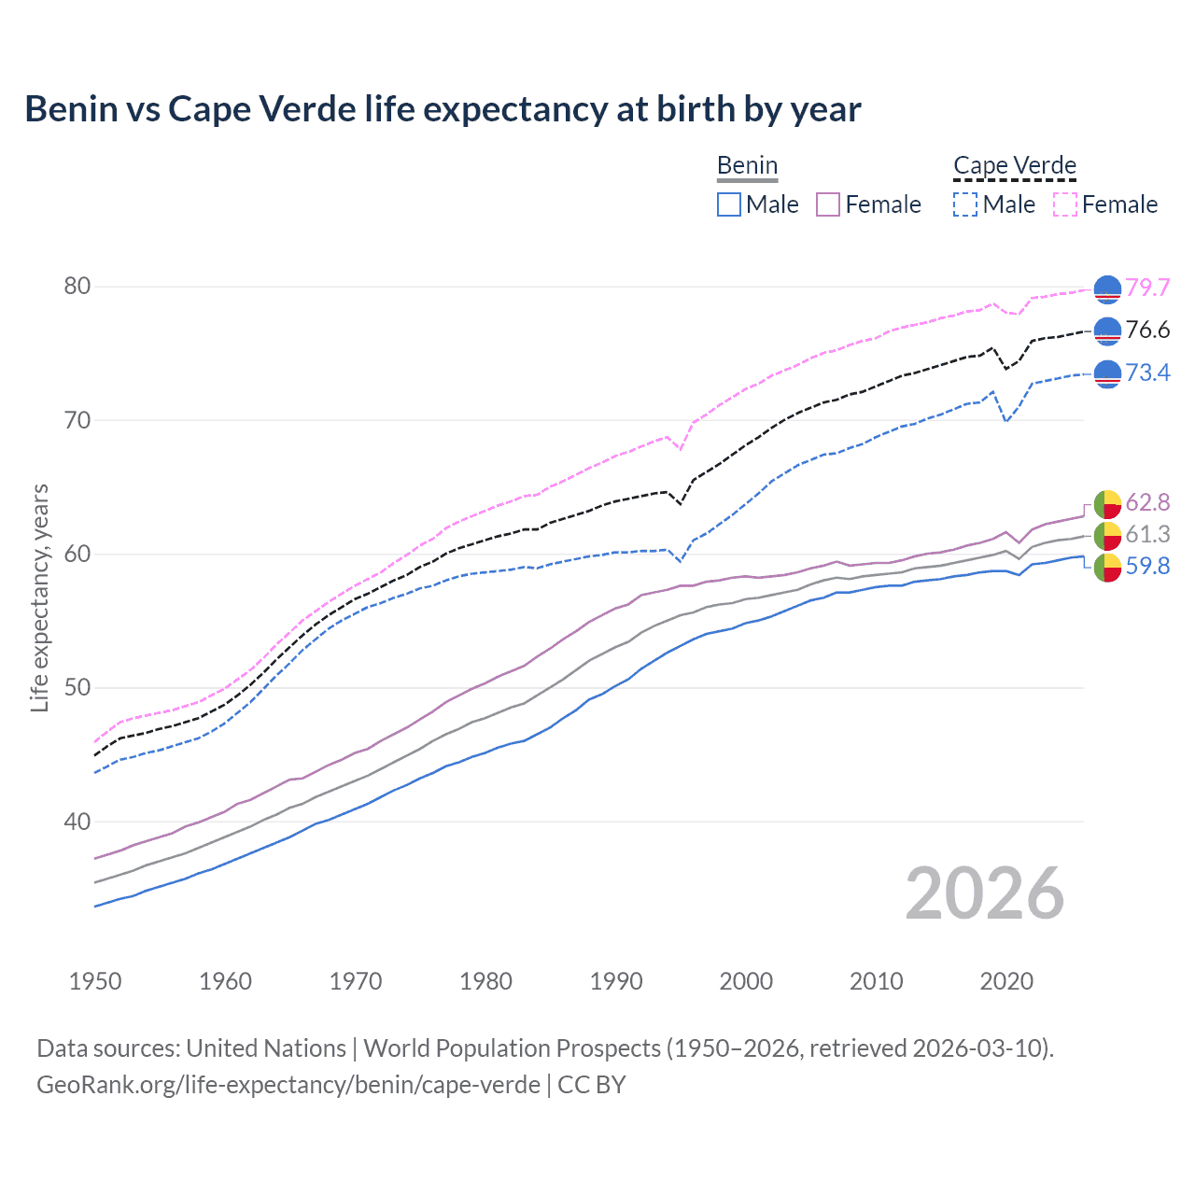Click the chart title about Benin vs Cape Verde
click(x=443, y=109)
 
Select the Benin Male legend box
click(x=729, y=204)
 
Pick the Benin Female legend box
click(x=829, y=204)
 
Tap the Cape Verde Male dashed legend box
click(x=965, y=204)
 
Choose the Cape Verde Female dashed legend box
click(x=1065, y=204)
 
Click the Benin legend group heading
click(x=747, y=166)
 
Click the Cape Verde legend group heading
click(x=1015, y=166)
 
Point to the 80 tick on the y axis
click(x=77, y=286)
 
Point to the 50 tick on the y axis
click(x=77, y=688)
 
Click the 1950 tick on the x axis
click(x=95, y=981)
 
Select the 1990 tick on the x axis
click(x=616, y=981)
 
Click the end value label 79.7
click(x=1147, y=288)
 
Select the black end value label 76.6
click(x=1147, y=330)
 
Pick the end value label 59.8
click(x=1147, y=566)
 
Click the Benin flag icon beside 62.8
click(x=1107, y=503)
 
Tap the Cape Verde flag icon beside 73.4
click(x=1107, y=373)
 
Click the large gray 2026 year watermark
click(x=985, y=893)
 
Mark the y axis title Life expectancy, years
click(x=39, y=597)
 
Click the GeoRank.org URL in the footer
click(x=288, y=1085)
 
